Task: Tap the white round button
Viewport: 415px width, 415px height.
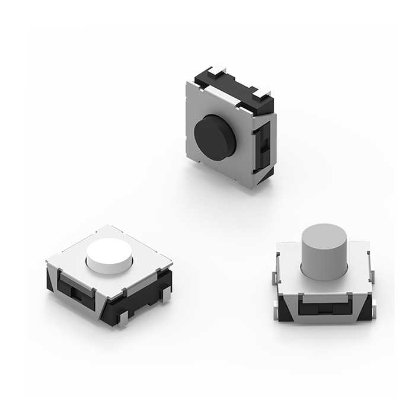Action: click(x=110, y=256)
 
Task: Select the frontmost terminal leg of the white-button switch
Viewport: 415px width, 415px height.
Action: click(x=123, y=321)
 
